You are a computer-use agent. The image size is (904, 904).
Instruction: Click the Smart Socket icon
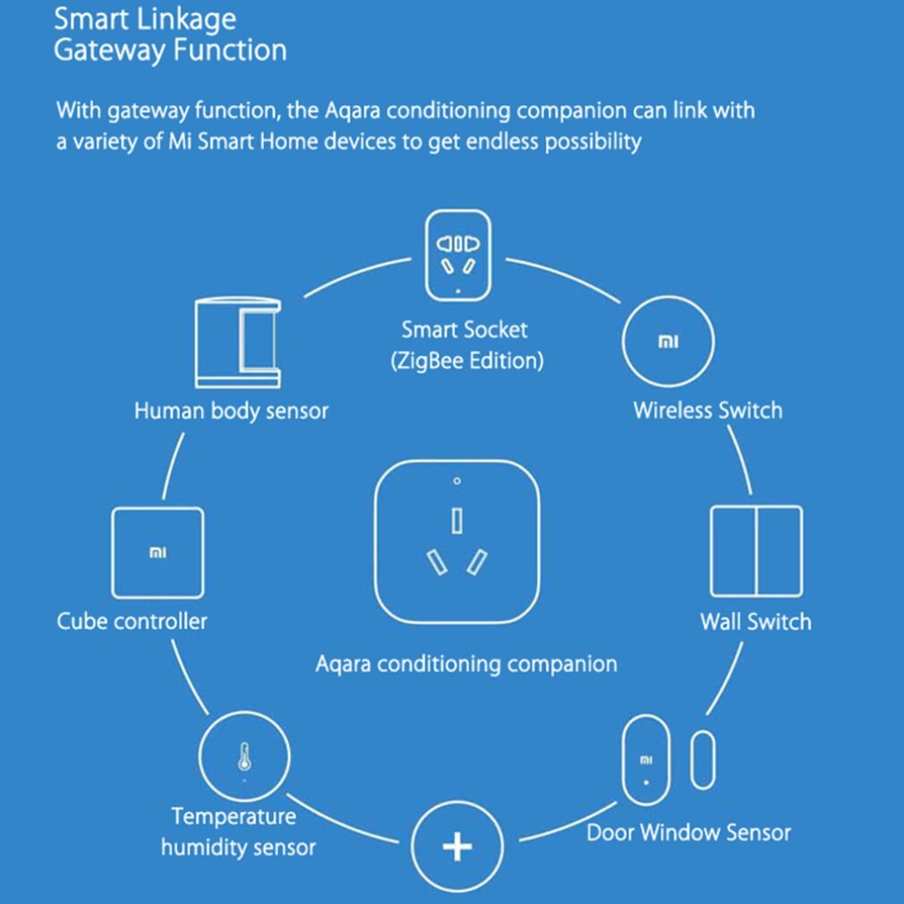pos(457,256)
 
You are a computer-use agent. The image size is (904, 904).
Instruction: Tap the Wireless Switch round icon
pos(668,342)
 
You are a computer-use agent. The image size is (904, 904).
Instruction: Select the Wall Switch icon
pos(756,550)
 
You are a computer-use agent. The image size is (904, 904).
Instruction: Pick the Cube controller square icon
pos(158,552)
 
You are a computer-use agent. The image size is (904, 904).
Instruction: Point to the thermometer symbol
pos(243,757)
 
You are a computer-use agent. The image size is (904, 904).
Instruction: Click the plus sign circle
pos(457,846)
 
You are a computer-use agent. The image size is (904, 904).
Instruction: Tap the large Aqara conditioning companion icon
pos(457,542)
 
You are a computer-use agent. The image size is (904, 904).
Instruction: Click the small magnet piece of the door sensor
pos(704,760)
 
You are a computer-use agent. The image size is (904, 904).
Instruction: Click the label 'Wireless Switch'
pos(707,411)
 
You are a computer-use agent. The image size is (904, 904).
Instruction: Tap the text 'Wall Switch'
pos(755,621)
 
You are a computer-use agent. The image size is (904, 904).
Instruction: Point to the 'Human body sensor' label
pos(231,412)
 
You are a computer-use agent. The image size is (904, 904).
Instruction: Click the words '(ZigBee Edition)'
pos(465,362)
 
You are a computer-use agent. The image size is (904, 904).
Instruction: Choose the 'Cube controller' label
pos(132,620)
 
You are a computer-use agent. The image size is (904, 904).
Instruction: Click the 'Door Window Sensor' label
pos(688,833)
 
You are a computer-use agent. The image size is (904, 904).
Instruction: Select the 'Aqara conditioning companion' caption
pos(465,664)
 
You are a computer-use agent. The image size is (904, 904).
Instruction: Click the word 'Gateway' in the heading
pos(109,50)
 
